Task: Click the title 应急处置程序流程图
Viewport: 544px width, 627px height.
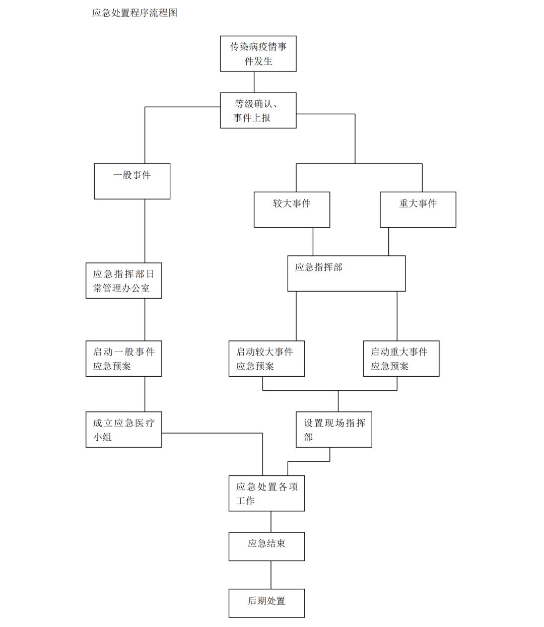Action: click(x=134, y=13)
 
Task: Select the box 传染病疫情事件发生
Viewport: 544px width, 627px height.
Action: click(x=258, y=53)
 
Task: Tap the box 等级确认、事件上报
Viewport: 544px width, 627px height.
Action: click(x=258, y=110)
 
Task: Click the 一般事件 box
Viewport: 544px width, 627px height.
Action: click(x=132, y=181)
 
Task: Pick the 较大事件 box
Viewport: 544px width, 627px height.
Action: click(x=292, y=210)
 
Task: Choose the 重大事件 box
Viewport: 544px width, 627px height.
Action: click(x=418, y=210)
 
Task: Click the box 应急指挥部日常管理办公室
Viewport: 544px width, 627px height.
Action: click(x=123, y=281)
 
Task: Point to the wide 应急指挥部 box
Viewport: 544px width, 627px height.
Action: click(x=346, y=273)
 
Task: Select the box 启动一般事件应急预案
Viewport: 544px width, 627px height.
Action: click(x=123, y=359)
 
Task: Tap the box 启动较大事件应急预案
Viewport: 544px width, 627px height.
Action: click(x=266, y=359)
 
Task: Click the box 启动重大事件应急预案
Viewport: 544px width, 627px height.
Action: click(x=401, y=359)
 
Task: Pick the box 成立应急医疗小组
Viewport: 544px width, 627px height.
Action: click(x=123, y=430)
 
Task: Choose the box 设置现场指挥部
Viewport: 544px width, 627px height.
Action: click(x=333, y=430)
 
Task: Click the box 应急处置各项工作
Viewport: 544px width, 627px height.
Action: click(x=266, y=494)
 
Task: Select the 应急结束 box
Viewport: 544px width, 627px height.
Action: click(x=266, y=546)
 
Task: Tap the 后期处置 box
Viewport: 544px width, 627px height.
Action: click(x=266, y=603)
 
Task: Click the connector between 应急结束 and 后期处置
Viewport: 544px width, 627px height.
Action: click(x=271, y=575)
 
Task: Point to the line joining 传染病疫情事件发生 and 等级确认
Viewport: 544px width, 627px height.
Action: click(x=254, y=82)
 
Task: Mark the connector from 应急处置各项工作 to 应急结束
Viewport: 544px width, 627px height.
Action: click(x=271, y=522)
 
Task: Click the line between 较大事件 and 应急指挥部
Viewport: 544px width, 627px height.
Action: click(x=313, y=242)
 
